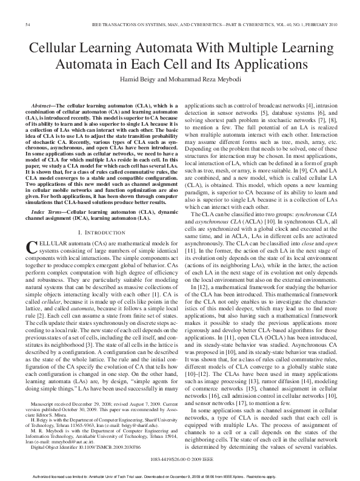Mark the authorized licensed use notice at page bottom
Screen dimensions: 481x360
(x=180, y=476)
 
